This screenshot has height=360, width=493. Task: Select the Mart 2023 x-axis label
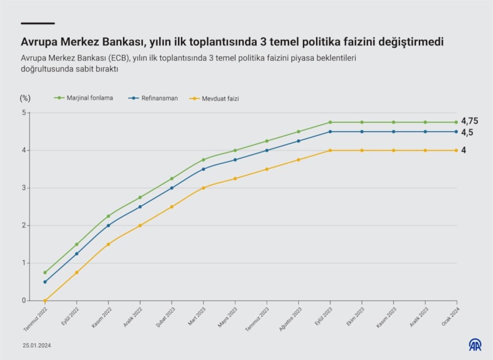(x=197, y=316)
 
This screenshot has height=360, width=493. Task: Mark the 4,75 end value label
(x=470, y=121)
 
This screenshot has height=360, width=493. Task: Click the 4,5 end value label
(x=468, y=133)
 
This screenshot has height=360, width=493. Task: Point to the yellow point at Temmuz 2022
(x=45, y=301)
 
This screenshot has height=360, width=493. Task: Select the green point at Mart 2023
(x=203, y=160)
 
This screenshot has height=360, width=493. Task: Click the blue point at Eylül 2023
(x=330, y=131)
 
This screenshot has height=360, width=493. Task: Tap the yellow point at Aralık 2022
(x=140, y=226)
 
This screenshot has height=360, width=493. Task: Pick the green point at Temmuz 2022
(x=45, y=272)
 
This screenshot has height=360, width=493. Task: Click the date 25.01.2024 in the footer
(x=38, y=345)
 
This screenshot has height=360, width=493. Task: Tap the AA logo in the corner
(x=475, y=345)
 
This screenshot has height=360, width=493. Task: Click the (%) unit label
(x=25, y=98)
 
